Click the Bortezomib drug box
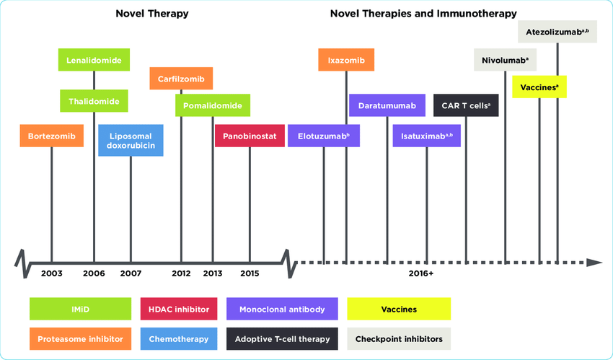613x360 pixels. [52, 136]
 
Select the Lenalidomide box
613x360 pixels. [94, 60]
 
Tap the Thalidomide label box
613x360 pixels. [94, 101]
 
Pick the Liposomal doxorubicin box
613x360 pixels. [131, 140]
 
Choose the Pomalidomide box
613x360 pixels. [213, 105]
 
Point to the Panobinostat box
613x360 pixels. [250, 136]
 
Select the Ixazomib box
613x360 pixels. [346, 60]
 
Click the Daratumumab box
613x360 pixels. [387, 105]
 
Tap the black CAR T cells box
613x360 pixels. [466, 105]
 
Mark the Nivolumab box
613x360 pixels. [505, 60]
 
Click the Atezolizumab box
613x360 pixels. [557, 32]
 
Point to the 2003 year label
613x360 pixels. [52, 273]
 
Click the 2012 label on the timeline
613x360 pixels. [181, 273]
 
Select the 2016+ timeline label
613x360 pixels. [420, 273]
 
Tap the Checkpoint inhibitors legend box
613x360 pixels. [399, 338]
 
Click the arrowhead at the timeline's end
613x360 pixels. [594, 261]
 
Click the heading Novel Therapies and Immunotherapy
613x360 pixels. [423, 13]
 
